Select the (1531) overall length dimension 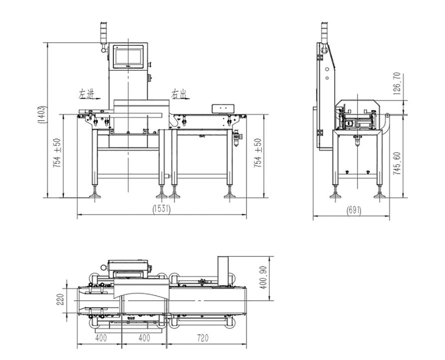(161, 210)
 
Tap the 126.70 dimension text (397, 83)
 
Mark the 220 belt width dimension (60, 299)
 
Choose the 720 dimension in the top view (203, 339)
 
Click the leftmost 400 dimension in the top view (100, 339)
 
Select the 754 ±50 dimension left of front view (57, 153)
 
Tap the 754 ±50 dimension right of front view (258, 153)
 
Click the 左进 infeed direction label (85, 93)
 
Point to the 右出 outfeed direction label (178, 93)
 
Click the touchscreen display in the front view (129, 56)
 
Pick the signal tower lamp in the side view (325, 32)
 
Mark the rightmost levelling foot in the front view (229, 193)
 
